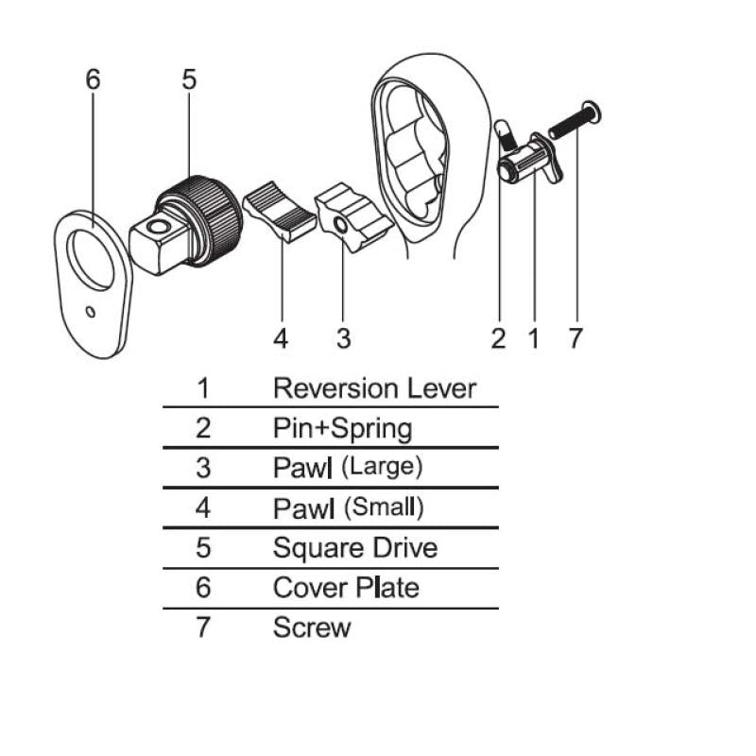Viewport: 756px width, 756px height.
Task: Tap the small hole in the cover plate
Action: [90, 311]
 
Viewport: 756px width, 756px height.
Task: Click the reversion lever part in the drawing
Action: [529, 163]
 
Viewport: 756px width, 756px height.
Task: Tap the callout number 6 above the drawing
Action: [92, 80]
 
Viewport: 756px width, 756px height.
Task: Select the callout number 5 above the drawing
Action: [189, 80]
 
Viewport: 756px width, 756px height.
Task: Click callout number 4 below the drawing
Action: [281, 337]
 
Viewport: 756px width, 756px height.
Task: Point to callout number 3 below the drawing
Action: [344, 337]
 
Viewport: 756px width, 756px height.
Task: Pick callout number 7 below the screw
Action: [576, 337]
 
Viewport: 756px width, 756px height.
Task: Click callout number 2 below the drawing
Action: [499, 337]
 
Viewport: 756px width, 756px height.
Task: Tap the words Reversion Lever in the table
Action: [374, 387]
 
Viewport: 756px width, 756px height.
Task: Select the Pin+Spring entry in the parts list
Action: [342, 428]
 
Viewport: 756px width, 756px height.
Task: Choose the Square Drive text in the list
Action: [355, 547]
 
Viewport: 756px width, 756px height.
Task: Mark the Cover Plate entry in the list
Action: [345, 587]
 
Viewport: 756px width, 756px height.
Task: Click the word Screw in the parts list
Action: [312, 627]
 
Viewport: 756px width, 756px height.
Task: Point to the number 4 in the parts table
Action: [202, 507]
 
